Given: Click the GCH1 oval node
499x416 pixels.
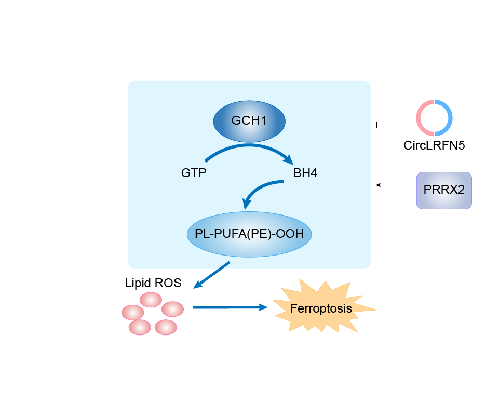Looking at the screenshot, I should coord(249,121).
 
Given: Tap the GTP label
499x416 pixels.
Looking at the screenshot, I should coord(194,173).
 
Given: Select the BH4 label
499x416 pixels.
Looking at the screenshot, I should coord(305,173).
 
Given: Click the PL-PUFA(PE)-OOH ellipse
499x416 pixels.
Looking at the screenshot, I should coord(249,234).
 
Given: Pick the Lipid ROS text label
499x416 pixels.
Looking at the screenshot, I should coord(153,283).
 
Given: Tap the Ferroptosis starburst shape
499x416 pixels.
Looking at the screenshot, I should coord(321,308).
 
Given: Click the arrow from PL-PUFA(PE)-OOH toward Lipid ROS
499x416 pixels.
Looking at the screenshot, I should coord(212,275).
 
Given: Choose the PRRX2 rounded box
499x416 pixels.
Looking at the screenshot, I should coord(444,191).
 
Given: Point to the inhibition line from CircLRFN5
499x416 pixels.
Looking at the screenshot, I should coord(395,125).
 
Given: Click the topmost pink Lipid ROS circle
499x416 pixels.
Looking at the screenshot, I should coord(151,300).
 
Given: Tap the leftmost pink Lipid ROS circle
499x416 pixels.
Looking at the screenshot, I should coord(132,312).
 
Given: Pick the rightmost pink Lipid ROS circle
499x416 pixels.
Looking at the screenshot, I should coord(173,309).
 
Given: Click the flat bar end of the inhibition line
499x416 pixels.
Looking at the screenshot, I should coord(377,125).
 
